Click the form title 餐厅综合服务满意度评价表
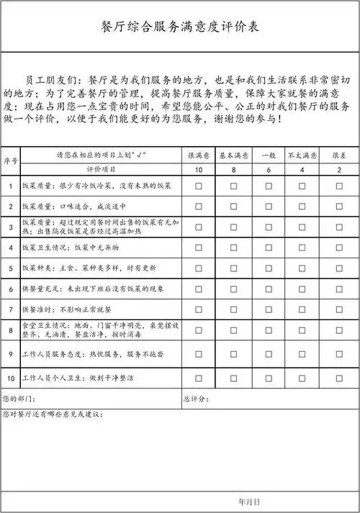tap(180, 27)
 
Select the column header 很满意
tap(199, 155)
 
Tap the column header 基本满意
tap(233, 155)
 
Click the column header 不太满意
tap(302, 155)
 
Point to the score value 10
tap(199, 170)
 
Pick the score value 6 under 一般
tap(269, 170)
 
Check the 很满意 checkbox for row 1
tap(199, 186)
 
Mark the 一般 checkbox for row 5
tap(269, 268)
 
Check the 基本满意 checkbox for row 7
tap(233, 309)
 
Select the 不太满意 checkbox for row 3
tap(302, 227)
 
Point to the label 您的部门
tap(19, 398)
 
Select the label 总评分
tap(196, 398)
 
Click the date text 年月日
tap(248, 499)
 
